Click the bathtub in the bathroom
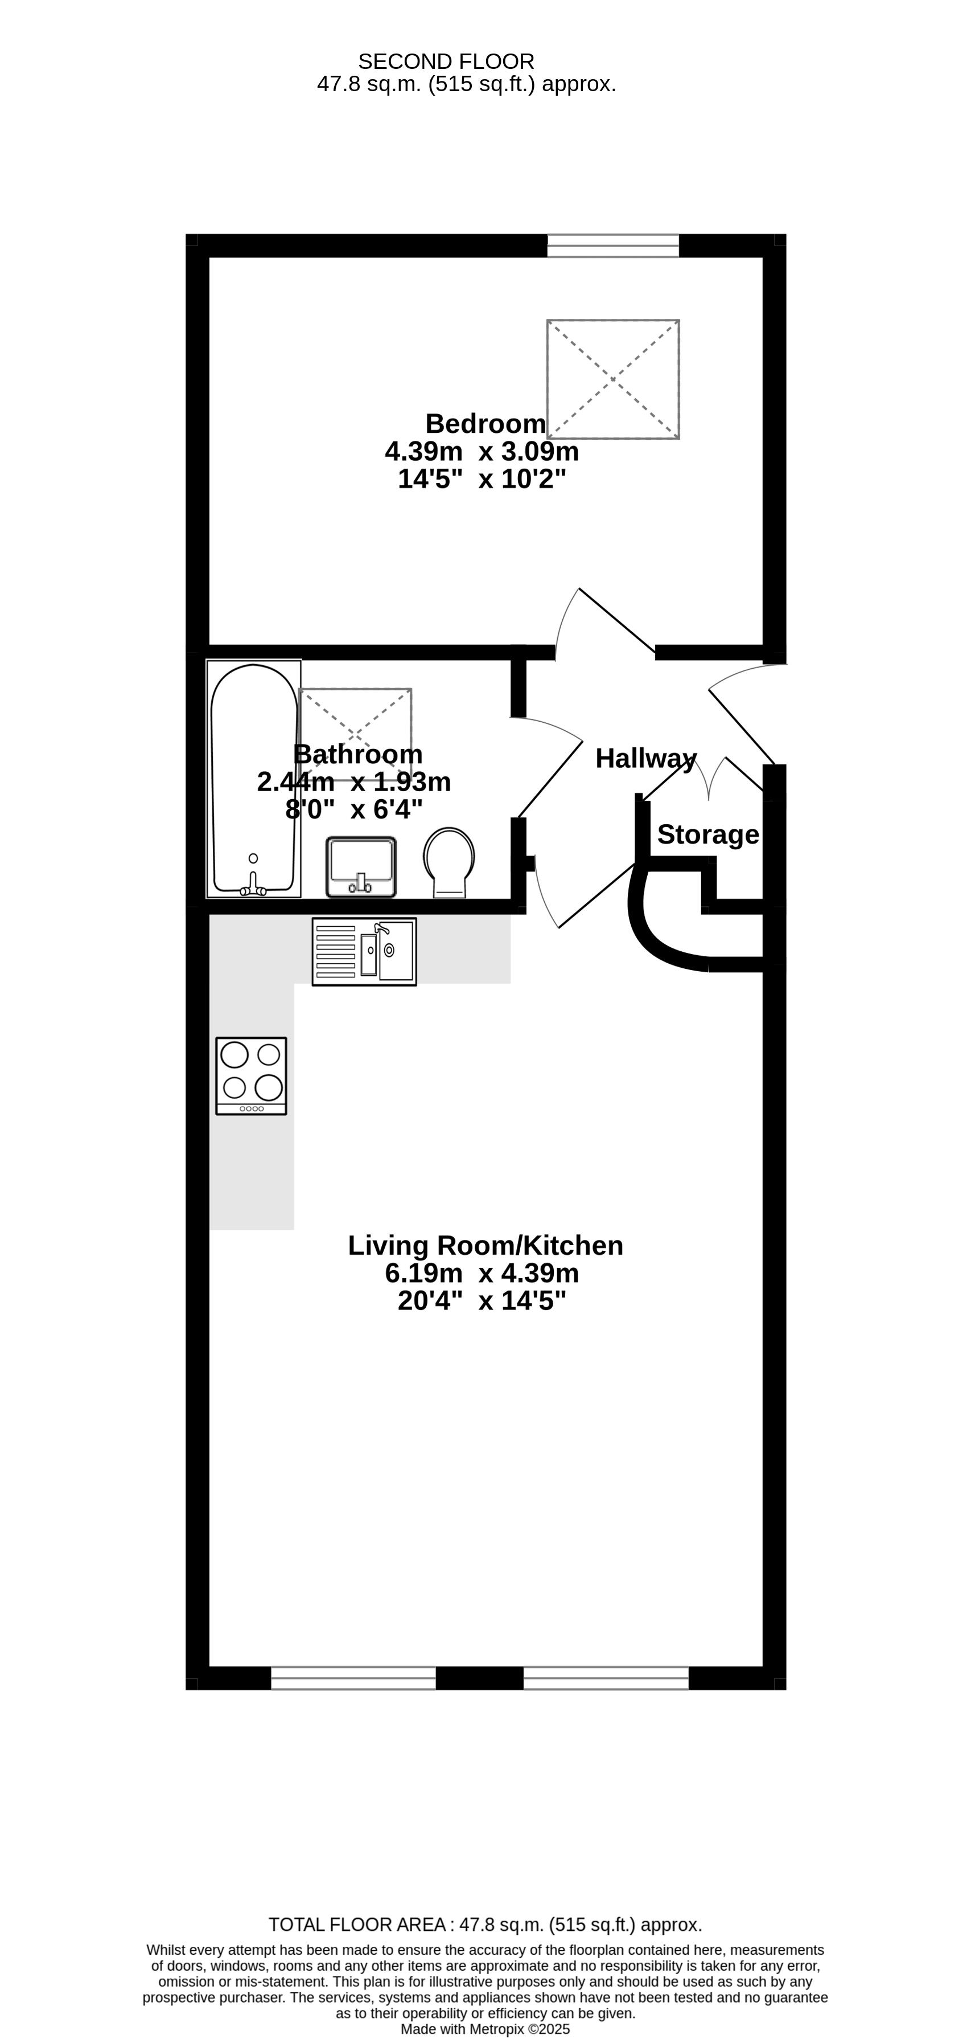click(254, 779)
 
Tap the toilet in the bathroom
click(449, 863)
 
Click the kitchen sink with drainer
click(364, 952)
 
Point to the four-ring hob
click(252, 1076)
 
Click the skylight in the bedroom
click(613, 379)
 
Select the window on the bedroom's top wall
click(613, 245)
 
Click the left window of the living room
click(353, 1678)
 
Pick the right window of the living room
click(607, 1678)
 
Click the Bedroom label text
click(485, 424)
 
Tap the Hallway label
click(646, 759)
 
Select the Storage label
click(709, 834)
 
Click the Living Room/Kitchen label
click(485, 1246)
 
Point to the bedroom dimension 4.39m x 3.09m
click(482, 452)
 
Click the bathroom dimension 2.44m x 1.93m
click(354, 781)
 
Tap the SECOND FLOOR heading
click(446, 62)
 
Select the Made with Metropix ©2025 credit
click(485, 2029)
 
